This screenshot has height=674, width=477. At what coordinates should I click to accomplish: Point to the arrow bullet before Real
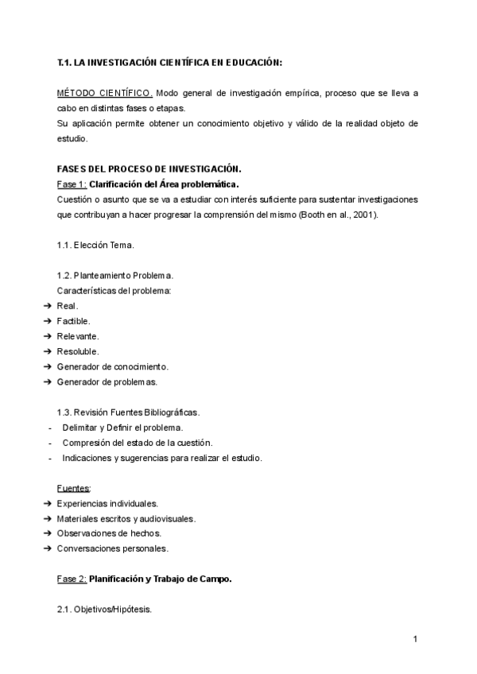click(46, 306)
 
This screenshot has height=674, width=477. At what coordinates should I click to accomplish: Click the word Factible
click(73, 321)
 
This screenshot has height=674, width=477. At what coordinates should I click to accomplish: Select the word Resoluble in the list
click(78, 351)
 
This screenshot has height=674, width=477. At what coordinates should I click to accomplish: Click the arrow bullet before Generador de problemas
click(46, 382)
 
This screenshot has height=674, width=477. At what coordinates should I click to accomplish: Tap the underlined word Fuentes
click(73, 487)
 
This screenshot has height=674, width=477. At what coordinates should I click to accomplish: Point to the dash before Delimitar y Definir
click(50, 427)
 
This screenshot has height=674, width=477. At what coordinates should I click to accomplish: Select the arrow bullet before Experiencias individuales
click(46, 503)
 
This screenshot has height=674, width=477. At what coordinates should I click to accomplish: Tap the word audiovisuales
click(167, 518)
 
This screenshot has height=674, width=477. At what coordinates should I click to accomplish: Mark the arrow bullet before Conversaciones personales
click(46, 548)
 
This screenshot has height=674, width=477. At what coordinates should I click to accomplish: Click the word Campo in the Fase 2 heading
click(215, 579)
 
